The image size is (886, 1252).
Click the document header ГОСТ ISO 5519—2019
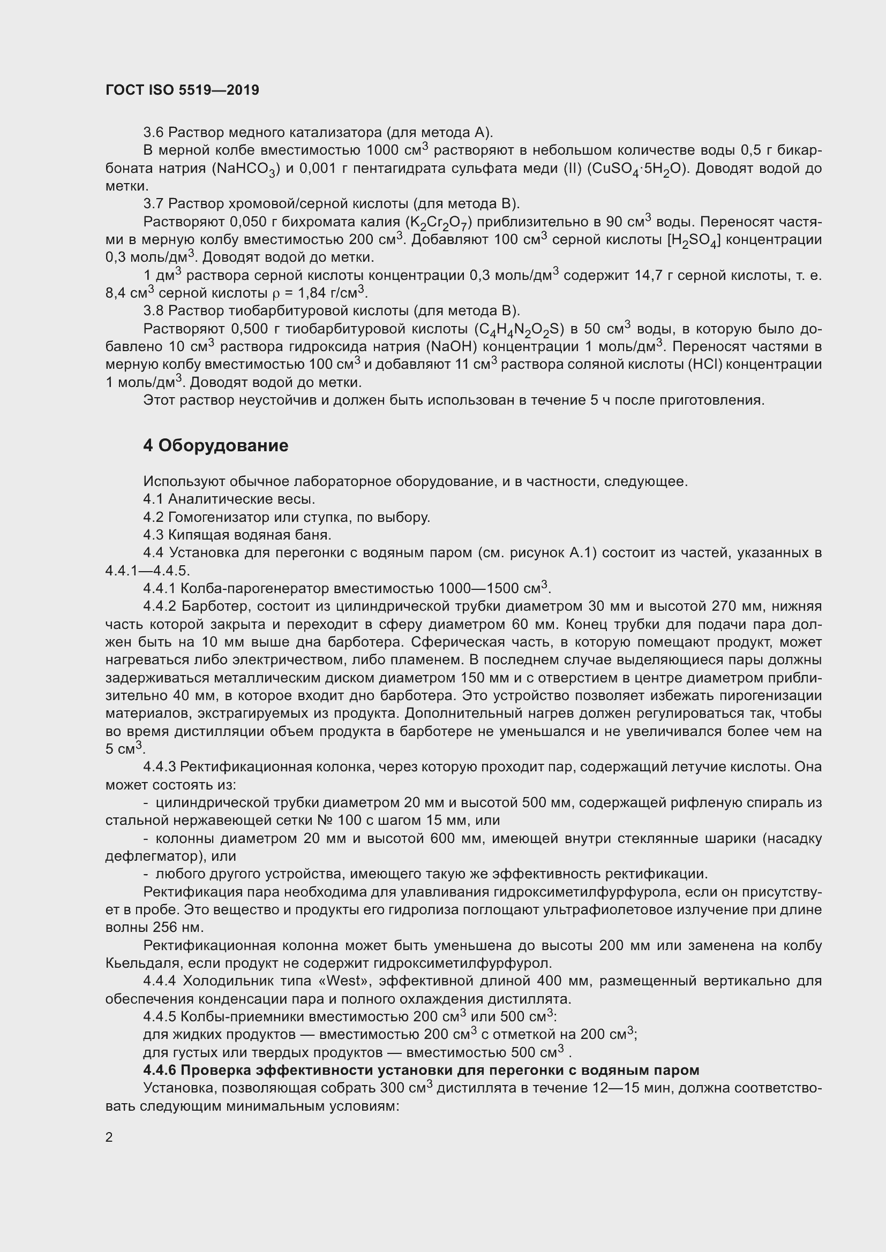[x=182, y=90]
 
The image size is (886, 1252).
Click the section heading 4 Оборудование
[x=215, y=445]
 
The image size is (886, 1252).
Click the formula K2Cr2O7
[x=439, y=223]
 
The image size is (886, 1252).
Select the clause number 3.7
[x=153, y=204]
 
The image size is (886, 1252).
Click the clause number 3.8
[x=153, y=311]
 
